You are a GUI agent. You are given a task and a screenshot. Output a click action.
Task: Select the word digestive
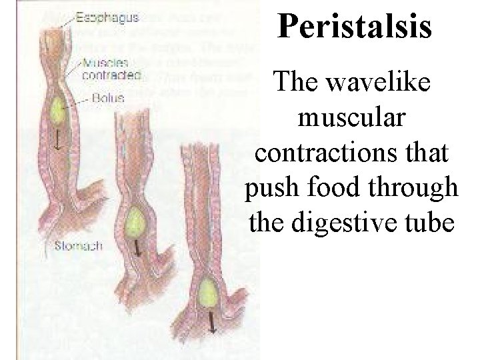(361, 223)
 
